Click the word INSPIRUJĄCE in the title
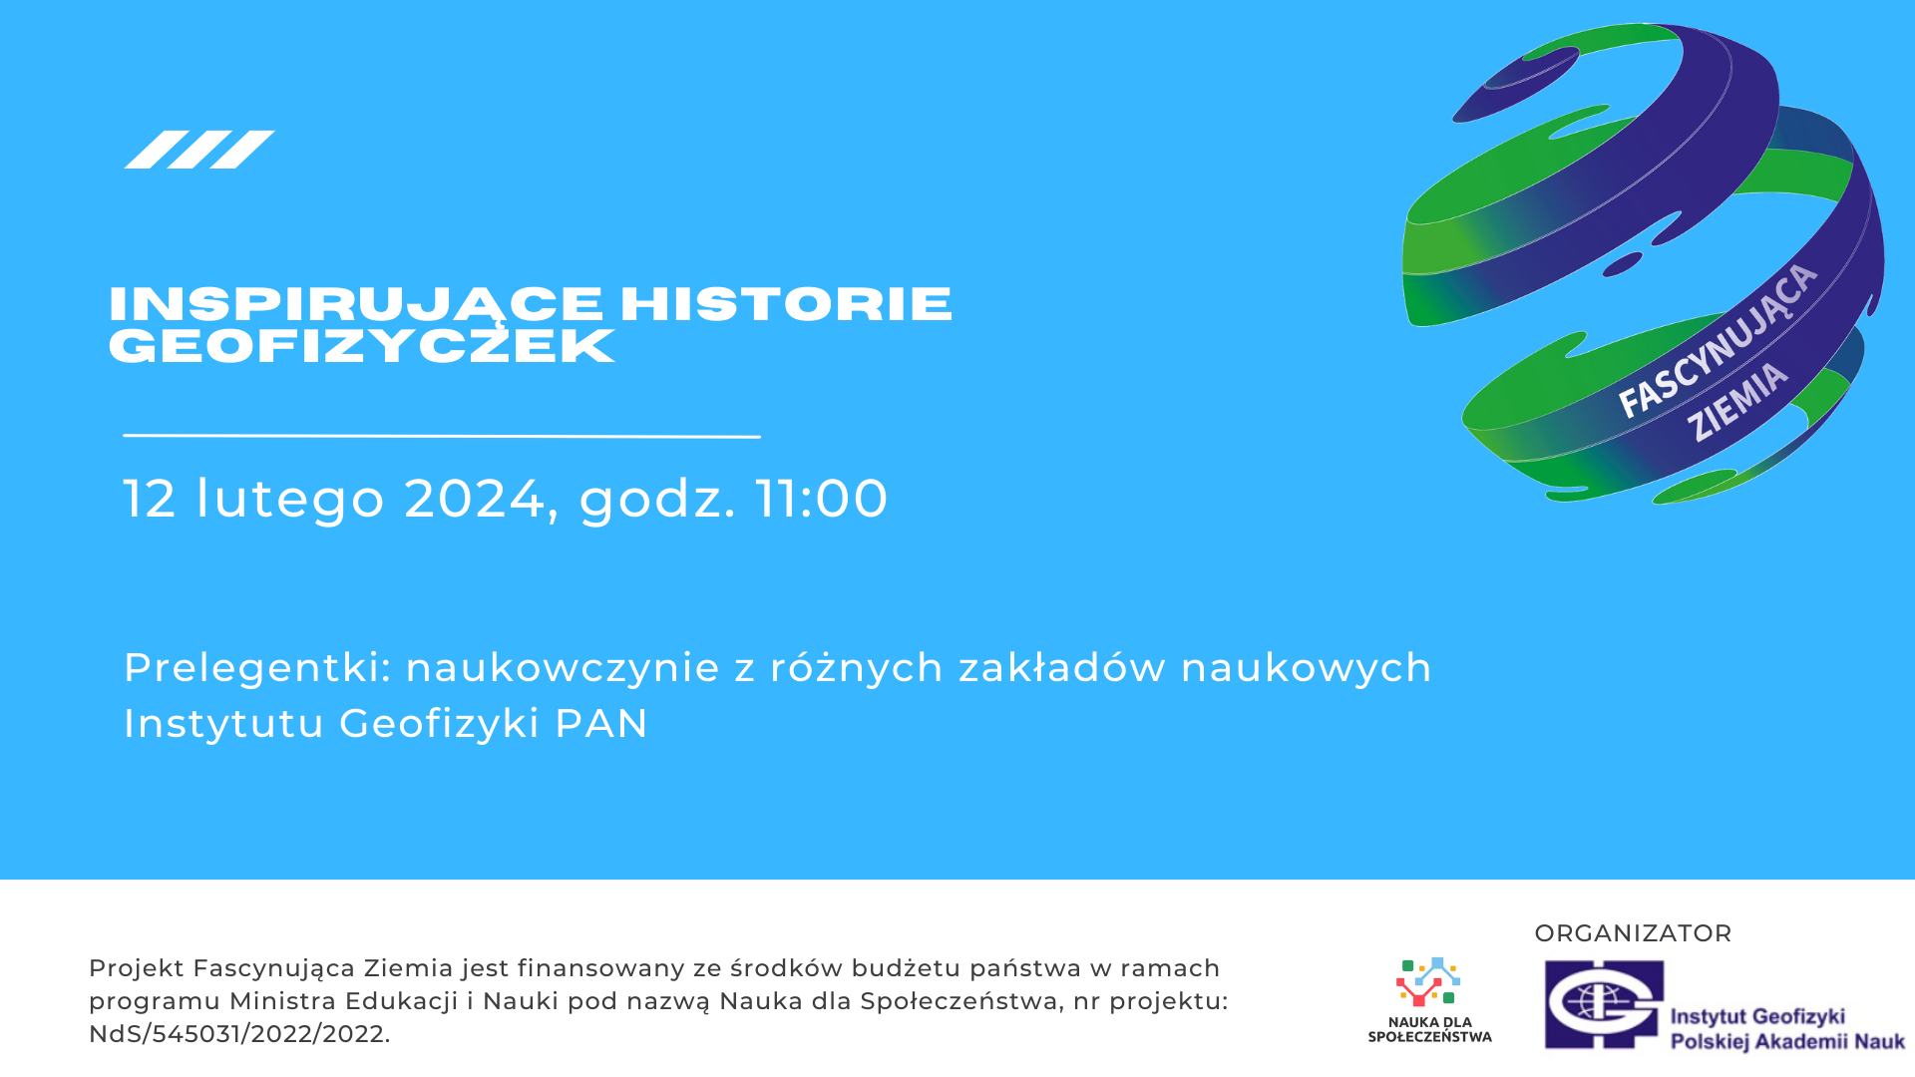356,305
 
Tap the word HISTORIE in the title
786,303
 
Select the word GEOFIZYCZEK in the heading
362,346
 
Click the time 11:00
822,498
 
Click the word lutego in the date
290,500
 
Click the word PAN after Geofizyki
601,724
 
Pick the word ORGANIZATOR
1633,933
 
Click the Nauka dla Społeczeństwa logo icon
1428,982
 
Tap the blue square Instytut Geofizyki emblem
1605,1004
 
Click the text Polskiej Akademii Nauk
1787,1042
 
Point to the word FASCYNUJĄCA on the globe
1718,341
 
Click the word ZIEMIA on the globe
1738,401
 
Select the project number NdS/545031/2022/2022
236,1034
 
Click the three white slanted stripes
199,150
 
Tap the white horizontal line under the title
442,436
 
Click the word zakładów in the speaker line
1062,668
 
